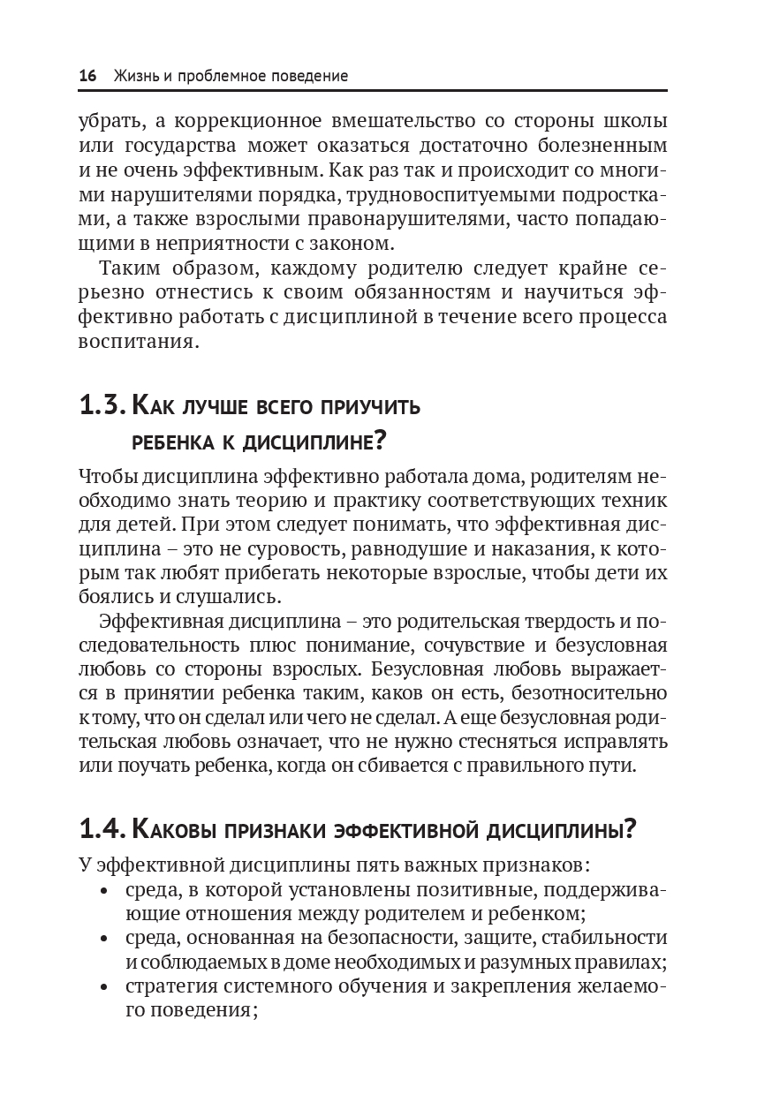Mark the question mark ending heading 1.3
(381, 439)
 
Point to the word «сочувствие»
(464, 646)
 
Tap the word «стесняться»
(505, 741)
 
